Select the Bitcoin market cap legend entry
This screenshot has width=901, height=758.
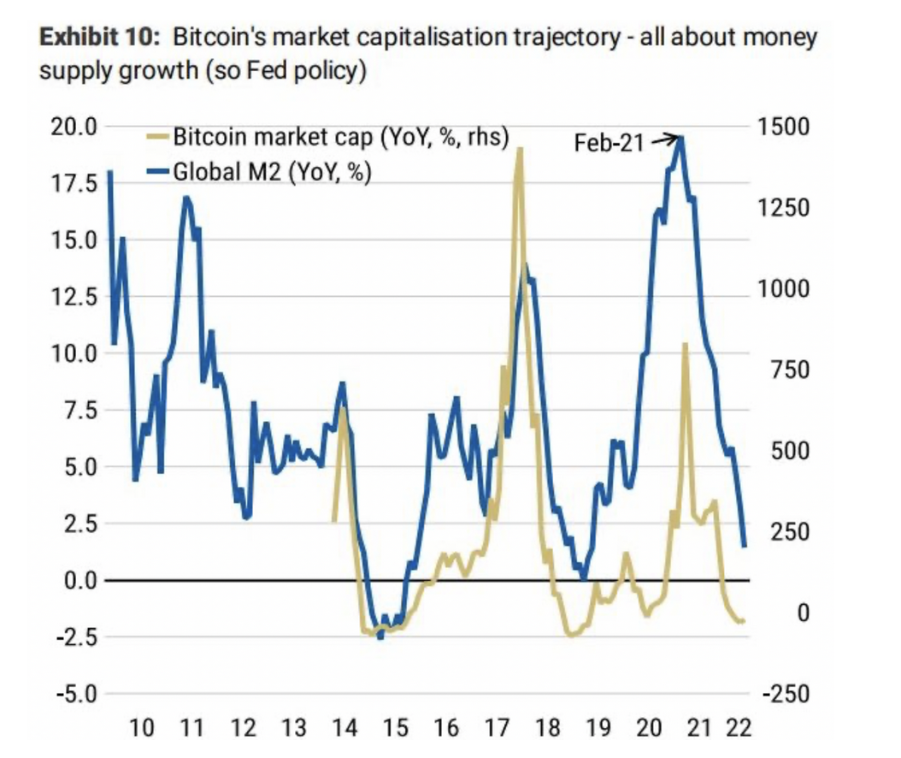(340, 137)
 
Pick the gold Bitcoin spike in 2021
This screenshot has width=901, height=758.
(685, 344)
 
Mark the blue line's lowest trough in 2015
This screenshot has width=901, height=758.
(380, 636)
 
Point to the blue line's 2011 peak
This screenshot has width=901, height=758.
(186, 198)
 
